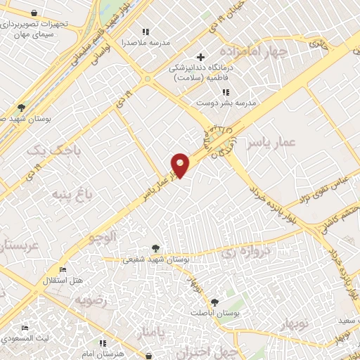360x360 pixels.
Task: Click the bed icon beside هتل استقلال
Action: click(x=63, y=270)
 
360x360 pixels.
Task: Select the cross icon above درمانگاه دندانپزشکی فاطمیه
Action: click(x=200, y=57)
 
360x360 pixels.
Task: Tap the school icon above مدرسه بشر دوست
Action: click(x=225, y=92)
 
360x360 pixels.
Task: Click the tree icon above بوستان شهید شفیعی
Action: click(x=155, y=247)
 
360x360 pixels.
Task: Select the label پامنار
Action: click(x=153, y=331)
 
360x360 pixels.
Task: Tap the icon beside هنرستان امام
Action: click(x=103, y=343)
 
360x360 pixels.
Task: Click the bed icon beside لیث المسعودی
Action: click(x=25, y=328)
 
